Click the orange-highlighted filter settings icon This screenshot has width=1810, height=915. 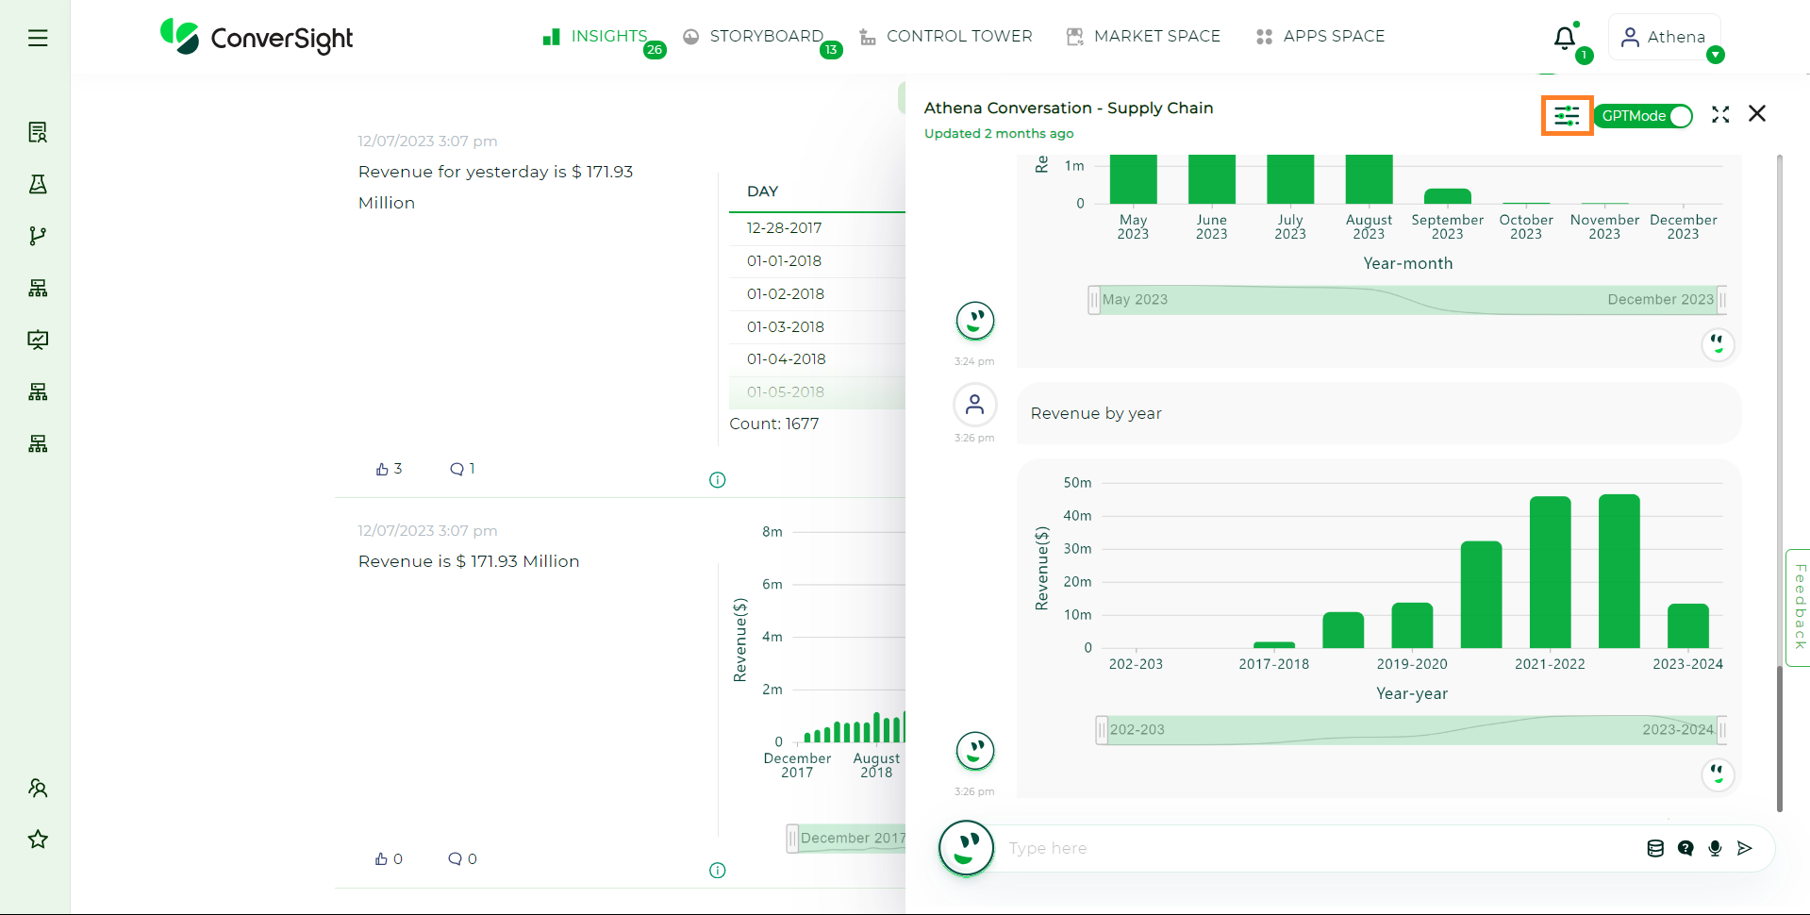click(1567, 115)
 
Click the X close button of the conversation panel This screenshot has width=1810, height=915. click(1756, 114)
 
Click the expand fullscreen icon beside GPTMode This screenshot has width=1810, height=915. click(1720, 114)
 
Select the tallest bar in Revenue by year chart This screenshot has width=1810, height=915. click(1619, 571)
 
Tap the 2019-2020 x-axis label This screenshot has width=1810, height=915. click(1411, 664)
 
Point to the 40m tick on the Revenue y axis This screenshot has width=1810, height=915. click(1077, 516)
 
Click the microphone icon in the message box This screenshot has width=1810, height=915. click(1715, 848)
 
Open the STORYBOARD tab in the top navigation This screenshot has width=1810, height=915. click(765, 37)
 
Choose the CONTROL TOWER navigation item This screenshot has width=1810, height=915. click(958, 37)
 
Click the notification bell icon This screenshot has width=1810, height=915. click(1564, 38)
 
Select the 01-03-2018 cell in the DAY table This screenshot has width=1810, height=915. click(785, 326)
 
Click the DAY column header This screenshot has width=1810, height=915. click(762, 191)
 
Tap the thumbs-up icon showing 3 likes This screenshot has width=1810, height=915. click(382, 469)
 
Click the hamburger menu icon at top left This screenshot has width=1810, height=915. click(38, 38)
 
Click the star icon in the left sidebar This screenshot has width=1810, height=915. click(38, 839)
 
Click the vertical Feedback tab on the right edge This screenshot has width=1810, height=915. click(1799, 607)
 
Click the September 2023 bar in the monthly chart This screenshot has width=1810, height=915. click(1447, 196)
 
